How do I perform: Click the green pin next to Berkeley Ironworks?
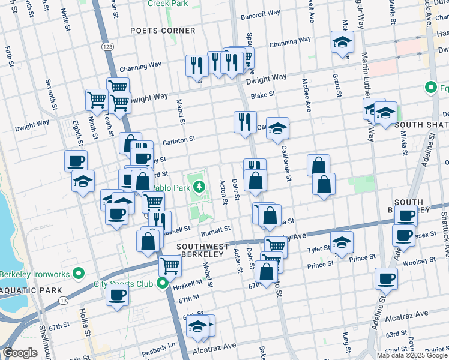click(x=79, y=274)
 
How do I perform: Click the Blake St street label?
click(x=263, y=95)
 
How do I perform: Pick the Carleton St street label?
click(x=179, y=140)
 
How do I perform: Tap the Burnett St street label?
click(x=215, y=230)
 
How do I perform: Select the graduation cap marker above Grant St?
click(x=342, y=43)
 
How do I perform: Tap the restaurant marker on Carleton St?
click(x=245, y=123)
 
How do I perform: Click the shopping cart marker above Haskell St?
click(x=170, y=265)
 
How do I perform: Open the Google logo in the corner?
click(x=21, y=353)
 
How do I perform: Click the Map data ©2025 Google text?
click(x=412, y=355)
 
